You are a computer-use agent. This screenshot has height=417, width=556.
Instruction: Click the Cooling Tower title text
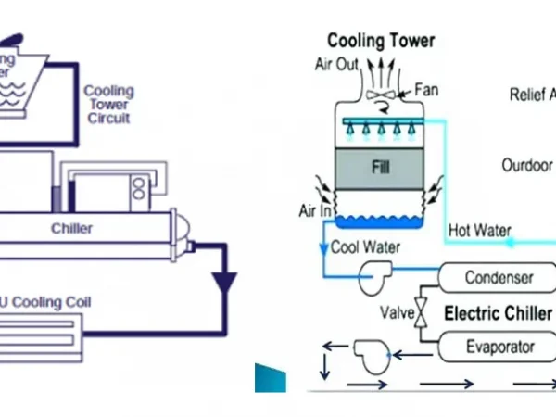[x=381, y=41]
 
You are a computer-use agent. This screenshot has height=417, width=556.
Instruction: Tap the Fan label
[x=426, y=90]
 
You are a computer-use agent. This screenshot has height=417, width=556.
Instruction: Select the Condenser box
[x=498, y=277]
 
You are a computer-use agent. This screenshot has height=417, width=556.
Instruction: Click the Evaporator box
[x=498, y=347]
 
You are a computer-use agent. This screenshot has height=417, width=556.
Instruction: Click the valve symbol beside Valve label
[x=422, y=311]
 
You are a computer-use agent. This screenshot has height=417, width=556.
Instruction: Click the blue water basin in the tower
[x=375, y=221]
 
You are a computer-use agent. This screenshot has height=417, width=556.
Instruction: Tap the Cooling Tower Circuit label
[x=108, y=105]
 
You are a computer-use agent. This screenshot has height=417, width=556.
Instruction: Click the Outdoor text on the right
[x=526, y=165]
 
